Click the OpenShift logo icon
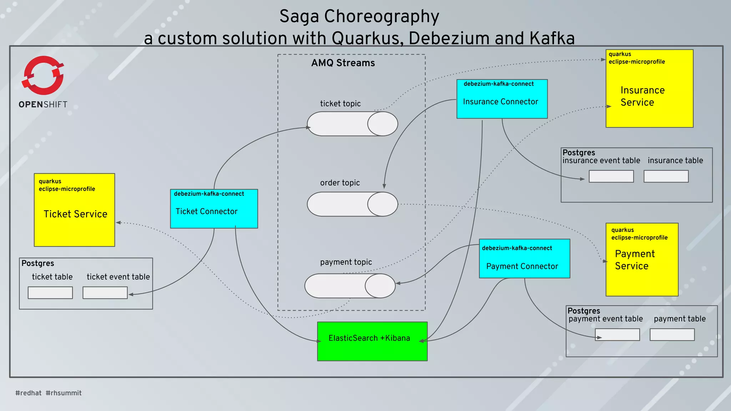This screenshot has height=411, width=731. point(43,75)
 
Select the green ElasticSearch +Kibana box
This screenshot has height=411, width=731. point(372,341)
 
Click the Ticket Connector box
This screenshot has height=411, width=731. point(214,209)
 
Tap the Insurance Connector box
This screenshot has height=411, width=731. point(502,99)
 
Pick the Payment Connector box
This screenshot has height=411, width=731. point(524,259)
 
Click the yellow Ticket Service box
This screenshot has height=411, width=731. point(74,210)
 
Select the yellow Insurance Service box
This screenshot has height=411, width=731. point(649,88)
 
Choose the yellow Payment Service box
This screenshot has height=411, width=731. point(642,260)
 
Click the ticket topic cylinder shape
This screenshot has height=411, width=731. point(352,124)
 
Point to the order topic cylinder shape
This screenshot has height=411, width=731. point(352,204)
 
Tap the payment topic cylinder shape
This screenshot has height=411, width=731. point(350,286)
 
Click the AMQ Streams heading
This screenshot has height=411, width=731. point(343,63)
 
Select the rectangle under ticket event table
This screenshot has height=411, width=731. point(105,293)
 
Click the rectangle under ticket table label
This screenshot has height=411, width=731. point(50,293)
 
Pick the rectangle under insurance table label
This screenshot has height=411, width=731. point(666,176)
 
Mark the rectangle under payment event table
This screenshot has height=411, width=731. point(617,335)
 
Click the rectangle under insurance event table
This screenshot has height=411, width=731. point(611,176)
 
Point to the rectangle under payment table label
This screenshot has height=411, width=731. point(672,335)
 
